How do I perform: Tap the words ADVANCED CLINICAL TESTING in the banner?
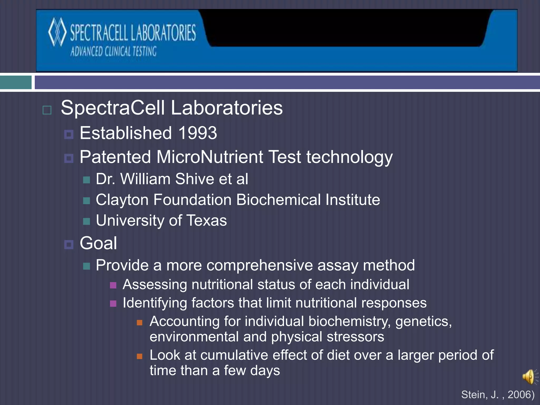(113, 51)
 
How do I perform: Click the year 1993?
(198, 133)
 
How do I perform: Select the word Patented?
(115, 157)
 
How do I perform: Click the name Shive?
(195, 179)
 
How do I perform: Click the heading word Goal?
(98, 243)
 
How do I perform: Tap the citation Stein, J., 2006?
(498, 395)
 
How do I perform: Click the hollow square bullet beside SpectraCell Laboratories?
(47, 110)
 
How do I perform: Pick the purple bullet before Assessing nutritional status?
(113, 285)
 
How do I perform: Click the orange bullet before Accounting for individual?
(139, 322)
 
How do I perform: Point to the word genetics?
(423, 322)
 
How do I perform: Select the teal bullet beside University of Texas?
(86, 221)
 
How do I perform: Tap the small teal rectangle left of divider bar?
(16, 83)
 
